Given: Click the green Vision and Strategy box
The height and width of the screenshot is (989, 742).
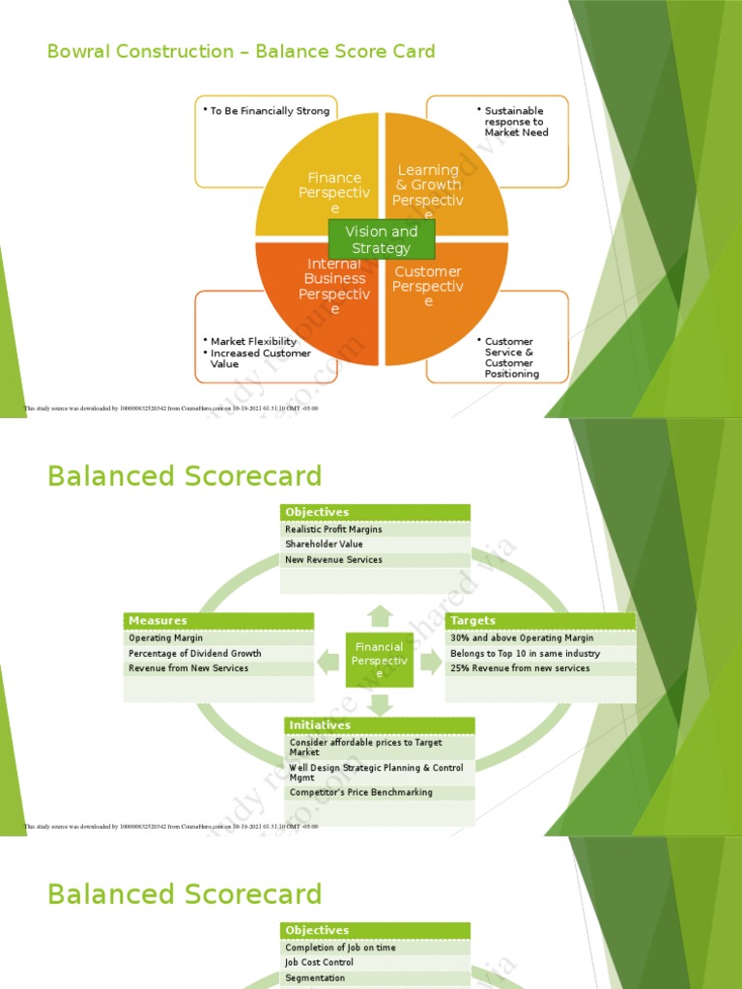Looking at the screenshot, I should click(382, 240).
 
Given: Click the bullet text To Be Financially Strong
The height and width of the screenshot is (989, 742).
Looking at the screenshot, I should click(270, 111).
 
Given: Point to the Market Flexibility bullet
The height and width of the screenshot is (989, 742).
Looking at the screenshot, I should click(253, 341).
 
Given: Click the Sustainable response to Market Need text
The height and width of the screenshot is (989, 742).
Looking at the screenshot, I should click(516, 122).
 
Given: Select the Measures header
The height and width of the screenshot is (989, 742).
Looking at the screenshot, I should click(157, 620).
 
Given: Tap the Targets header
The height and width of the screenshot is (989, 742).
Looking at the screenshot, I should click(472, 620).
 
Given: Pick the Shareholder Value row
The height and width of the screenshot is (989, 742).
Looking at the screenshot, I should click(324, 545).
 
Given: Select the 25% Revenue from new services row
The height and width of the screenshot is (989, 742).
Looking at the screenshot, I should click(520, 668).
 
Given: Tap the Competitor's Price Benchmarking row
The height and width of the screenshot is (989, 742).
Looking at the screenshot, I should click(360, 793).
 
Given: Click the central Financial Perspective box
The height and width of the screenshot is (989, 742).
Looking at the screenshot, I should click(380, 660).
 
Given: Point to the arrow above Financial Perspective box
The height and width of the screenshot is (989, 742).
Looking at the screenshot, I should click(380, 615).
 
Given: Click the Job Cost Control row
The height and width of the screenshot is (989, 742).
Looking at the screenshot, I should click(319, 963).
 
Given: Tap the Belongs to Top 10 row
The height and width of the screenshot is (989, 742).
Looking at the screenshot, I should click(525, 654).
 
